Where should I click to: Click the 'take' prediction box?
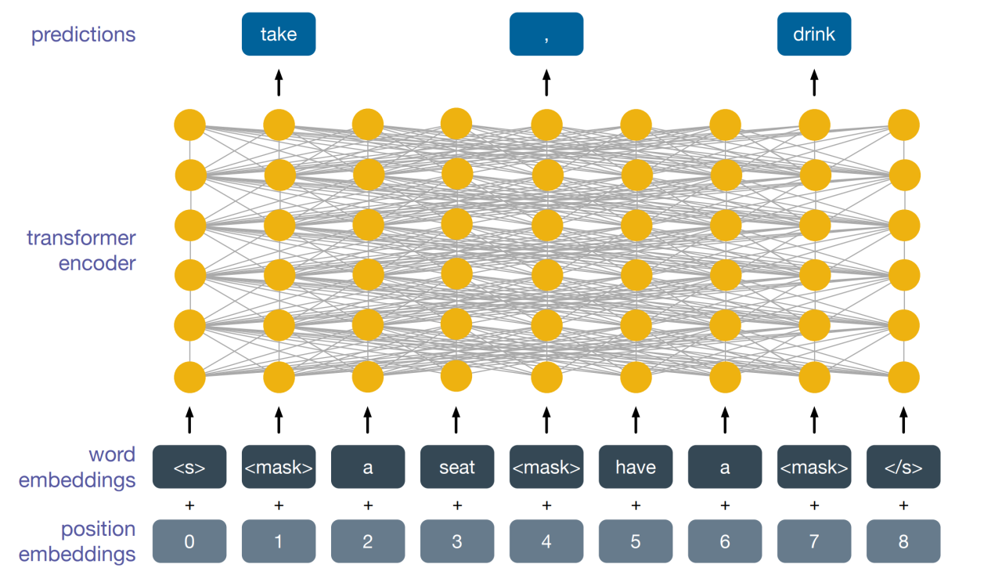[279, 34]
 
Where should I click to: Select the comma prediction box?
[546, 34]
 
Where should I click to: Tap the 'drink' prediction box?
[814, 34]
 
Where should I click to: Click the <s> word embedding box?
[189, 468]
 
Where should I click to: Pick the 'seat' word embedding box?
[457, 468]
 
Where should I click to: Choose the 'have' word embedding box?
[636, 468]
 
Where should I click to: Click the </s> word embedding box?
[903, 468]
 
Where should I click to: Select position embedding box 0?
[189, 541]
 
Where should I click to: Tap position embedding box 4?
[546, 541]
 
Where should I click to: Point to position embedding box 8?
[903, 541]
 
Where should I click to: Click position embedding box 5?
[636, 541]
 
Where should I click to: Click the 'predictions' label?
[83, 35]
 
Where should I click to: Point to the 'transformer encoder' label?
[81, 251]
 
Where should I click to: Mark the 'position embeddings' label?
[77, 541]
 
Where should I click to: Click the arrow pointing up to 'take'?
[279, 82]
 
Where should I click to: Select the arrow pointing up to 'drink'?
[814, 82]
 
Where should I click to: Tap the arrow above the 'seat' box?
[457, 419]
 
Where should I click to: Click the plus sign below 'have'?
[636, 506]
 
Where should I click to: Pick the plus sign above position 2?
[368, 506]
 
